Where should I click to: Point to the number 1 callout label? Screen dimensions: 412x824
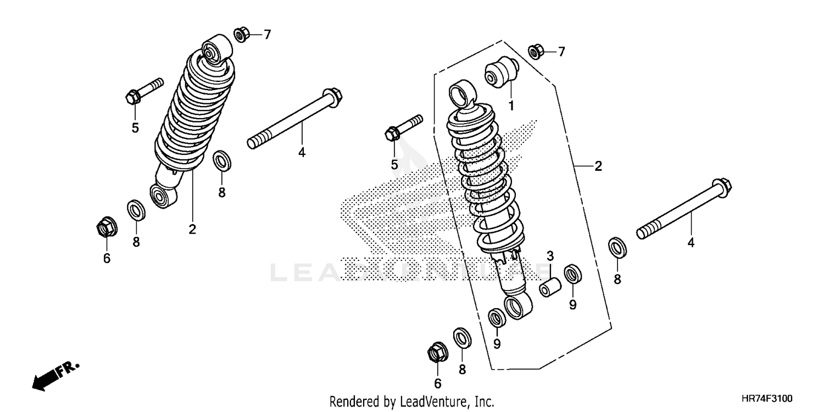(510, 106)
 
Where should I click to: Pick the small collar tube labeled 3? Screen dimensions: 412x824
(550, 287)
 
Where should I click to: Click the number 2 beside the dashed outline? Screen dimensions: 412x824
(598, 166)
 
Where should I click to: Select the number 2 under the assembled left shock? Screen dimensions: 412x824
(192, 230)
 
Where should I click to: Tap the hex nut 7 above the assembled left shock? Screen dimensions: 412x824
(241, 35)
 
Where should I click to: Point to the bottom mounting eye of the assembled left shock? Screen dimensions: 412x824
(163, 196)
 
